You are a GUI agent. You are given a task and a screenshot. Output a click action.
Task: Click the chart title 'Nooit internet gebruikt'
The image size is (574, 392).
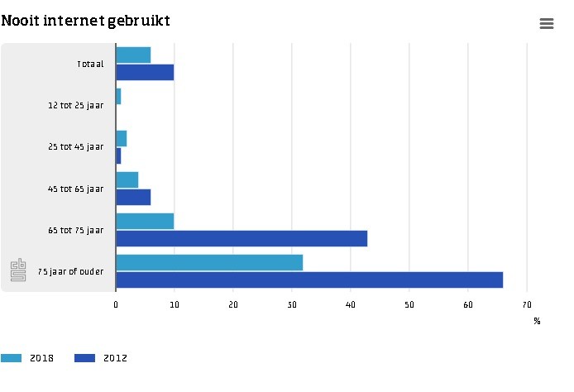point(86,21)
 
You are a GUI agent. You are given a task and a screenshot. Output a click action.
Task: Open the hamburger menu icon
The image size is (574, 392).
point(547,24)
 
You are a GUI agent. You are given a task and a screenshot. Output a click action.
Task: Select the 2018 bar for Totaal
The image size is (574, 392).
point(133,55)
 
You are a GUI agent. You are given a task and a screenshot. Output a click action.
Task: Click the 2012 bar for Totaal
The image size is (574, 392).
point(145,73)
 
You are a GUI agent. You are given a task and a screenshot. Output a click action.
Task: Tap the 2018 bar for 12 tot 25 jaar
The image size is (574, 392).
point(118,97)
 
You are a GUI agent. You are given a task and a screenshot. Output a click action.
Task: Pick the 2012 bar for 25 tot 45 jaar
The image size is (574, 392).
point(118,156)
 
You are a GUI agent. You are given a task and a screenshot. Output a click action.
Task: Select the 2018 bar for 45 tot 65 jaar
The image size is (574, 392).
point(127,180)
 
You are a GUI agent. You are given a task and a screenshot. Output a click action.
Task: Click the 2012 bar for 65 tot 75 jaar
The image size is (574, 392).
point(242,239)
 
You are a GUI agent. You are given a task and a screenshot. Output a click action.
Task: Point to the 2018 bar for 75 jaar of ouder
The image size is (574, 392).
point(209,263)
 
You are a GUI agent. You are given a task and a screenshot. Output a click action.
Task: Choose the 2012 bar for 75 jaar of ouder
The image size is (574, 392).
point(309,280)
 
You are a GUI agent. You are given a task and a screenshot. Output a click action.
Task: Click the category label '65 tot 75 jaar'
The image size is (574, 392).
point(76,230)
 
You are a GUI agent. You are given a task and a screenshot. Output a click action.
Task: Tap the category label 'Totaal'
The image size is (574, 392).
point(90,64)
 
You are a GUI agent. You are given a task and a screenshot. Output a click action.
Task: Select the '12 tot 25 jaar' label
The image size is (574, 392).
point(76,105)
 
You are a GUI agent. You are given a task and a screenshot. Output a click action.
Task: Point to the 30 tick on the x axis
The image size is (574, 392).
point(292,304)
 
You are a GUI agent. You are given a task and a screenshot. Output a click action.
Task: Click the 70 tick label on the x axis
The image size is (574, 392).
point(527,304)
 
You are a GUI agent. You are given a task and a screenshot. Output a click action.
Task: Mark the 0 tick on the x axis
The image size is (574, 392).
point(116,304)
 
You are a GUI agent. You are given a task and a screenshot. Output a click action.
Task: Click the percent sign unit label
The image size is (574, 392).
point(537,321)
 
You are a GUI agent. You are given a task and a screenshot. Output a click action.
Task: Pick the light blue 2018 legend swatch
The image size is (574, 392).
point(12,358)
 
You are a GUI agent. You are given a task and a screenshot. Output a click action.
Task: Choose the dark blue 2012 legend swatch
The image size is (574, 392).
point(84,358)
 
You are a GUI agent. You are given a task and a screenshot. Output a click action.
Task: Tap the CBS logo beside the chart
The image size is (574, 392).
point(18,270)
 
